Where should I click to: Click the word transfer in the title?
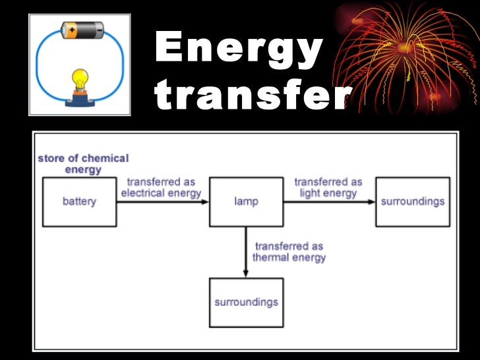pyautogui.click(x=253, y=98)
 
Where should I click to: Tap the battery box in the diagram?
pyautogui.click(x=79, y=202)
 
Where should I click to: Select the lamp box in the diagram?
pyautogui.click(x=246, y=202)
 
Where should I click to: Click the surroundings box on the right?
pyautogui.click(x=413, y=202)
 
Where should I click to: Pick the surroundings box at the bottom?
pyautogui.click(x=246, y=303)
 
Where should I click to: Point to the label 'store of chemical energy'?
pyautogui.click(x=83, y=164)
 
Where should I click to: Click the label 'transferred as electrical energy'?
pyautogui.click(x=160, y=187)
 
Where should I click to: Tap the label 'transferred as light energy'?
pyautogui.click(x=328, y=187)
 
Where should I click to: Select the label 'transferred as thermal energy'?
pyautogui.click(x=289, y=251)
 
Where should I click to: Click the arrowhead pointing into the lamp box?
pyautogui.click(x=204, y=202)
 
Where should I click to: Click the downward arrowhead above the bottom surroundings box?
pyautogui.click(x=246, y=274)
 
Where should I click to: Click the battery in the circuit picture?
pyautogui.click(x=82, y=30)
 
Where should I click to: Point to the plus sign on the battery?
pyautogui.click(x=70, y=30)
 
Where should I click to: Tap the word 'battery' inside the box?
pyautogui.click(x=79, y=202)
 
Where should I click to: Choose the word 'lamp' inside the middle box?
pyautogui.click(x=246, y=202)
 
